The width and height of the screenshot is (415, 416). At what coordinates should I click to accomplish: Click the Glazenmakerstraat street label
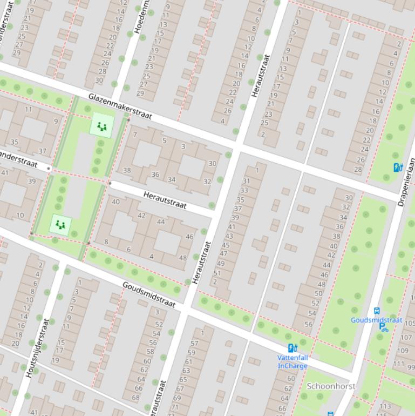120,106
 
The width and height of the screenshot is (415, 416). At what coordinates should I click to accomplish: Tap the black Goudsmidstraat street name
149,295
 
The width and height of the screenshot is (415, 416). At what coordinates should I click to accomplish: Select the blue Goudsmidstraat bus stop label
376,320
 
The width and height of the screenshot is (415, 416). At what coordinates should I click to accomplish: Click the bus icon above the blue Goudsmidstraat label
377,311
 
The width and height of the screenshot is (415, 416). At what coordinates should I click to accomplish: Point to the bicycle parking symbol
384,327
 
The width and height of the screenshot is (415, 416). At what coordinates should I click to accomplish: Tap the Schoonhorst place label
331,386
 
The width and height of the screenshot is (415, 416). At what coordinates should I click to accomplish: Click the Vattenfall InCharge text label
292,361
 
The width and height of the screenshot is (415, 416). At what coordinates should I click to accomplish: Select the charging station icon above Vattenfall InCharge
292,348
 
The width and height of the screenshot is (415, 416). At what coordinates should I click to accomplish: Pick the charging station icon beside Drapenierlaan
398,167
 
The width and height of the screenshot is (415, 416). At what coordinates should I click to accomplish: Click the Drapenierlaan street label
407,182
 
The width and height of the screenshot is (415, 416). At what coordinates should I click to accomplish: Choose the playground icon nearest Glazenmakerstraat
101,127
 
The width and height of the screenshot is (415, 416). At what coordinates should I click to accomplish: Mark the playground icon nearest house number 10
60,224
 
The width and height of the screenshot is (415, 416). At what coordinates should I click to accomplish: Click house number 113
385,406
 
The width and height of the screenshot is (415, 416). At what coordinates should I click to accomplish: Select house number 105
409,324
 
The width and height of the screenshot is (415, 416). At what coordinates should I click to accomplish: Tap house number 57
194,343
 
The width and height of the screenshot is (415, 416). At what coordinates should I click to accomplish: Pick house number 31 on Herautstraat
246,182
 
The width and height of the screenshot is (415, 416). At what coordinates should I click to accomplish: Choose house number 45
226,245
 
